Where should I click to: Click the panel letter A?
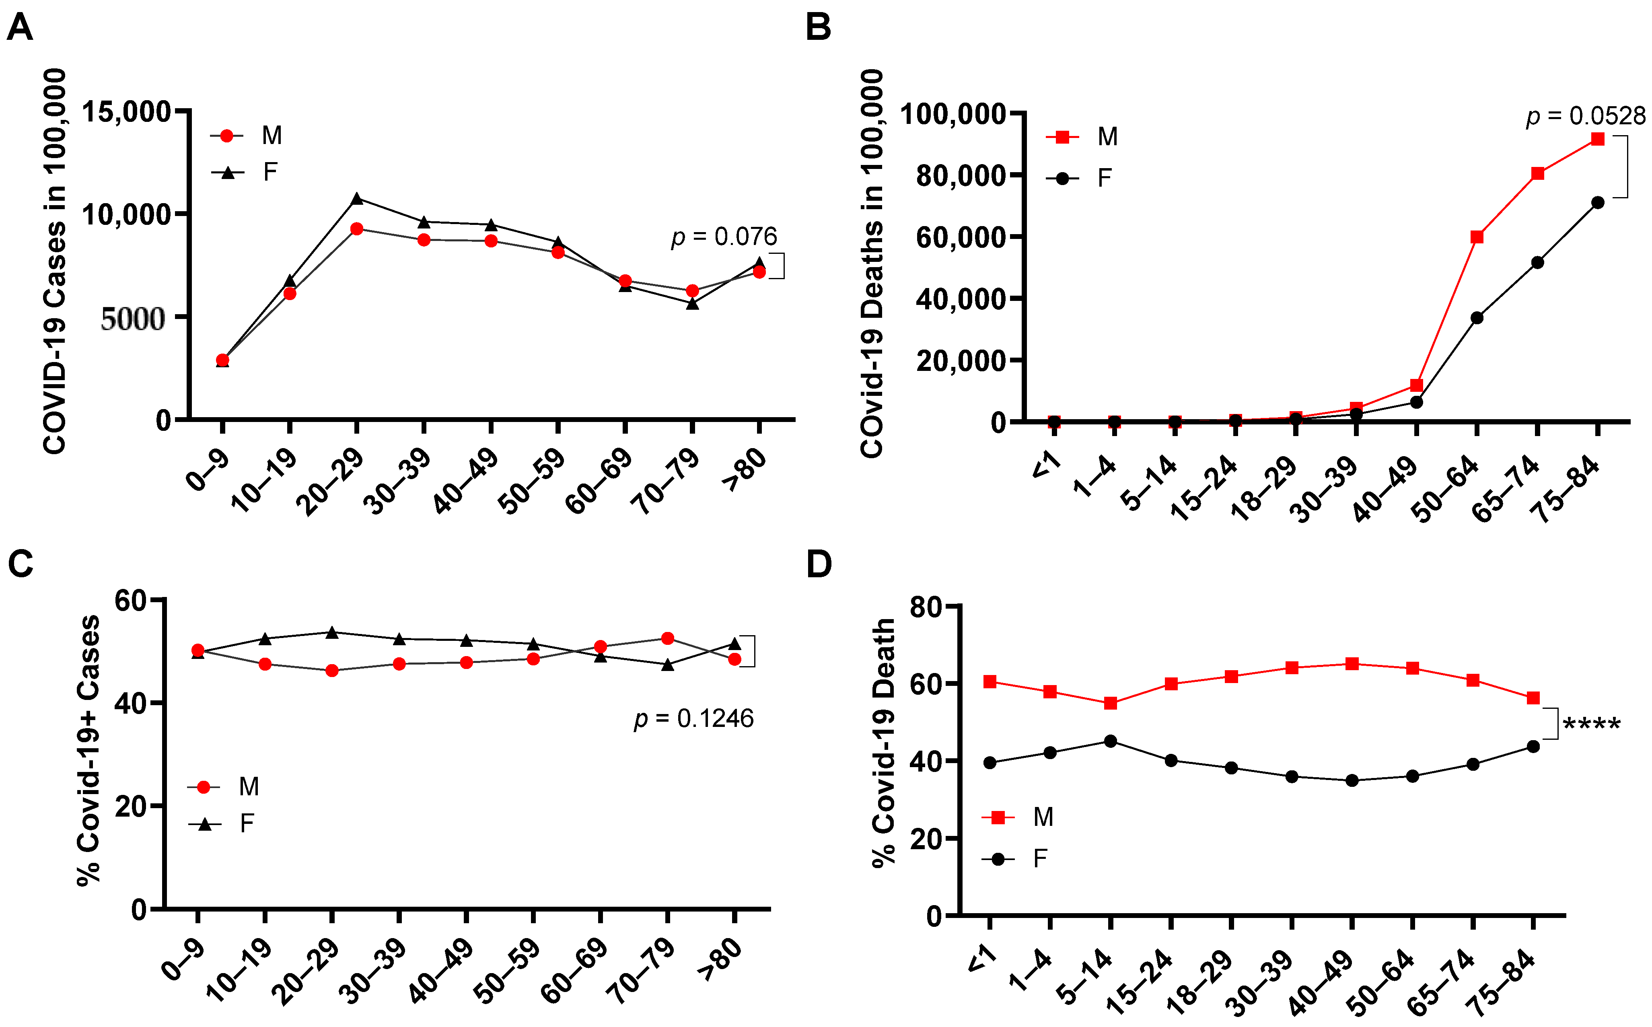coord(20,28)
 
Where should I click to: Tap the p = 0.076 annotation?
coord(724,237)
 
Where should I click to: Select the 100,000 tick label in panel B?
coord(953,114)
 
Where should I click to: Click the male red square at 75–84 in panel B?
coord(1598,139)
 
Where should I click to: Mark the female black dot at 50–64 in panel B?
coord(1477,318)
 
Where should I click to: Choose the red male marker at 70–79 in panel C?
coord(667,638)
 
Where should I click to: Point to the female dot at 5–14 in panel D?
coord(1110,741)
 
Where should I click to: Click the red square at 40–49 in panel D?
coord(1352,664)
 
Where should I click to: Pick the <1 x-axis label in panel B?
coord(1046,467)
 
